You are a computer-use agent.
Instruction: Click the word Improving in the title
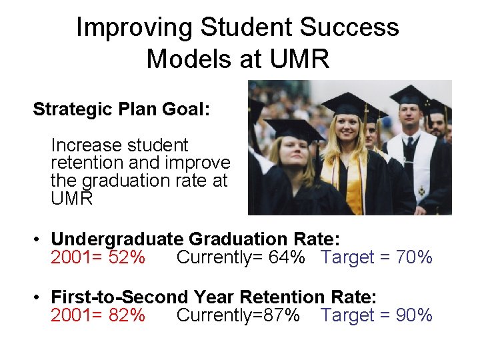coord(134,28)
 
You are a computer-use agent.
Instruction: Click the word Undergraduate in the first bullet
coord(117,239)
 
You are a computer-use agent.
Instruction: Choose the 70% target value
coord(415,257)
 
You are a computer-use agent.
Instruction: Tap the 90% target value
coord(415,315)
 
